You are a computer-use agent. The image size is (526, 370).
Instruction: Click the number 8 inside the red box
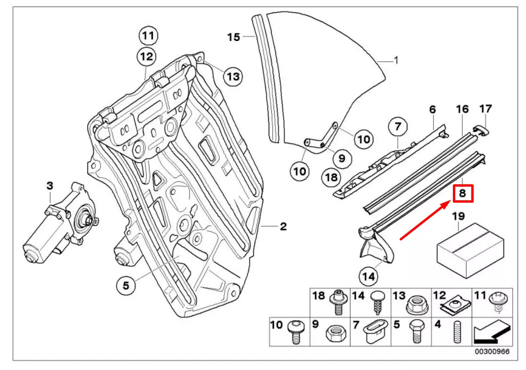point(463,193)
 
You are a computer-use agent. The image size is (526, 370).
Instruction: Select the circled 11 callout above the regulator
point(148,35)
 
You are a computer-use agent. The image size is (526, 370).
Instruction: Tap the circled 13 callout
point(233,76)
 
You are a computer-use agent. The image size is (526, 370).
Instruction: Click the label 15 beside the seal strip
point(234,37)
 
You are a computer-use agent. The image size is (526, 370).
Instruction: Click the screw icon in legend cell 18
point(338,302)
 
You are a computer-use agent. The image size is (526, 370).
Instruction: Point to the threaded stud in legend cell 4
point(456,333)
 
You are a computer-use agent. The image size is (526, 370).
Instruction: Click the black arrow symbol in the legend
point(492,332)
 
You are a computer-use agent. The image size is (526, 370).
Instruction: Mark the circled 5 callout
point(126,285)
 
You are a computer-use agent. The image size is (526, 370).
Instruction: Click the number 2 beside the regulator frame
point(283,227)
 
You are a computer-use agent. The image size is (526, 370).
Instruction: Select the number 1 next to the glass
point(396,60)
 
